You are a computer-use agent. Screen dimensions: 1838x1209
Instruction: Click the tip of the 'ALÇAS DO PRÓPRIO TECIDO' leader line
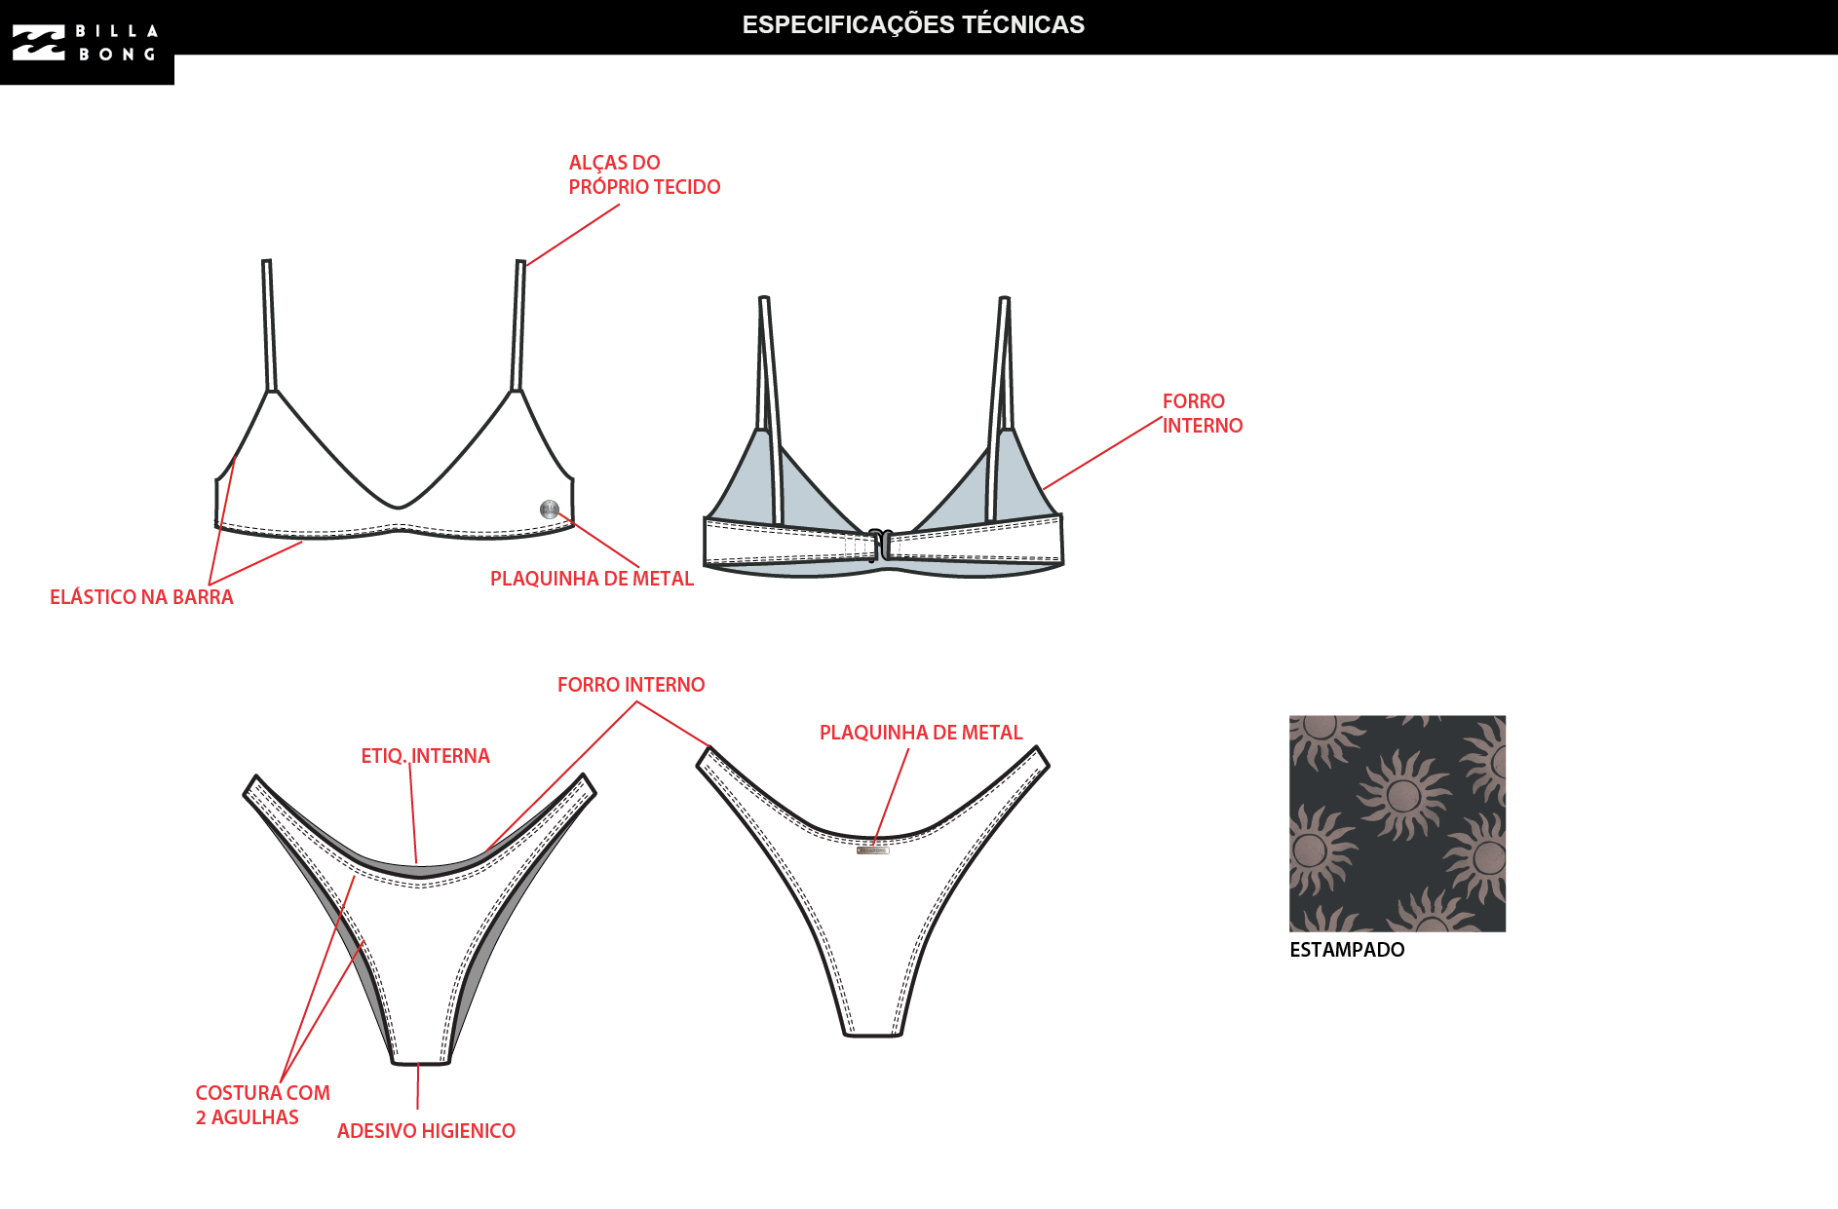click(526, 265)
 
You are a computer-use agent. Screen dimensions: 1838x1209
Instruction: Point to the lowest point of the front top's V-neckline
click(399, 508)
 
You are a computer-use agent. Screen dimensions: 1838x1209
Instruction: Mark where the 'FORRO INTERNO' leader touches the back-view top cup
click(1044, 488)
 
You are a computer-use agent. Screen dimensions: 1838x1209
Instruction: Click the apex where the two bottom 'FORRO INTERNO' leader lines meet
click(636, 702)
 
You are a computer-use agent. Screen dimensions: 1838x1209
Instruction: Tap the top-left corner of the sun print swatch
click(1289, 716)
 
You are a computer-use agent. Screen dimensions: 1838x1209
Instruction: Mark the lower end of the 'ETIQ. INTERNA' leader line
click(417, 864)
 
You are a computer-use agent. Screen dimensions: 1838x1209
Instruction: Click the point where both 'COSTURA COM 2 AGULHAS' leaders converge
click(281, 1081)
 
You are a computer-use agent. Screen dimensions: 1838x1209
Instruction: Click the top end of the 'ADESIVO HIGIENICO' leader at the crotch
click(418, 1064)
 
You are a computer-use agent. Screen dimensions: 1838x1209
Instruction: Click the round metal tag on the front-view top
click(550, 509)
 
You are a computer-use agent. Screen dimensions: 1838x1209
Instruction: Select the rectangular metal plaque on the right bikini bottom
click(873, 850)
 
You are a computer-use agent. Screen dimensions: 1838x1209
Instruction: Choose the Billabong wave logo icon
click(39, 43)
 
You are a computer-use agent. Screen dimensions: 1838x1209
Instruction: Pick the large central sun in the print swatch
click(1402, 795)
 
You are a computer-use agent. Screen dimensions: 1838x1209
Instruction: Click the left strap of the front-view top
click(269, 325)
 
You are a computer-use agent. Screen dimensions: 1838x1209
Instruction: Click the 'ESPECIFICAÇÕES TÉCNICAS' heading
click(913, 24)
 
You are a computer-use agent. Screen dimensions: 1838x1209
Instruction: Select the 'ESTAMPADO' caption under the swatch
click(1347, 950)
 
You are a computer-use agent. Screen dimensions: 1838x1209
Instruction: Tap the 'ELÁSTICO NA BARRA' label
click(141, 597)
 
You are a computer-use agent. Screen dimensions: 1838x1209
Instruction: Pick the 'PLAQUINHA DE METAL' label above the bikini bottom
click(921, 733)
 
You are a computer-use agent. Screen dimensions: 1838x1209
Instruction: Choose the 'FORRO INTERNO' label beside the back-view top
click(1203, 413)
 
